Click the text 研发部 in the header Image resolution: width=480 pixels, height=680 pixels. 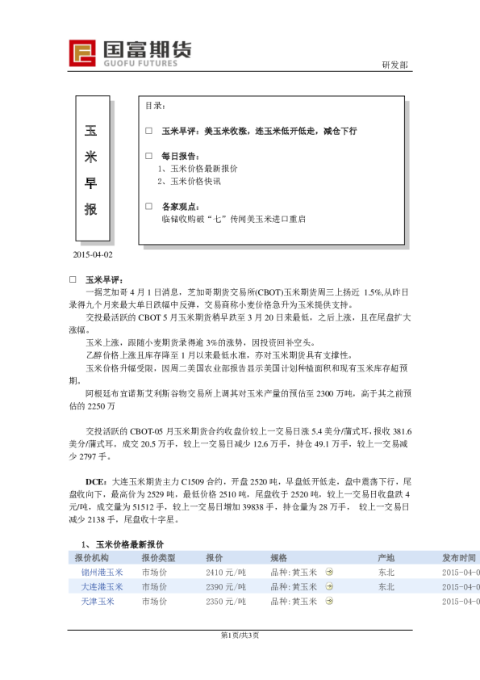pos(394,65)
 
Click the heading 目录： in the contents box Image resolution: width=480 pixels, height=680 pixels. pos(155,106)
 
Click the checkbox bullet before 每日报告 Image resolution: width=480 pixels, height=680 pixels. pos(148,156)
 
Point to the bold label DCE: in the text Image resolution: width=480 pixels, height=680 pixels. pos(97,481)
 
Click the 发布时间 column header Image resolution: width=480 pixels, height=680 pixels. pos(458,558)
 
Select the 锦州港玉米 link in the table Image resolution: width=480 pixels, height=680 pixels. pos(102,573)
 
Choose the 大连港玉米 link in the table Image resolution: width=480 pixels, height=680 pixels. pos(102,587)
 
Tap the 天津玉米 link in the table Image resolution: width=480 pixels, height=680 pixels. pos(98,602)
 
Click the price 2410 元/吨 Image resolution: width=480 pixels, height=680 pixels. pos(226,573)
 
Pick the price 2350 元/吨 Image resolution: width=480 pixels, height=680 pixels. pos(226,602)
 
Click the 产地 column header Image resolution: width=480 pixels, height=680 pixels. pos(386,558)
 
